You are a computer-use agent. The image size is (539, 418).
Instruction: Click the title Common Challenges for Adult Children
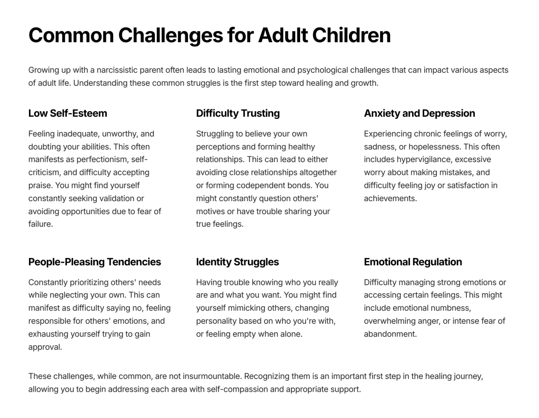click(x=209, y=35)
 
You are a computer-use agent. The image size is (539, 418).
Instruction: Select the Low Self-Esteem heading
click(x=68, y=113)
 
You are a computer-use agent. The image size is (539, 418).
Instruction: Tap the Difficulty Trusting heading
click(x=238, y=113)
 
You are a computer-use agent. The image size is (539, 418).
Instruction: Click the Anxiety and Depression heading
click(x=420, y=113)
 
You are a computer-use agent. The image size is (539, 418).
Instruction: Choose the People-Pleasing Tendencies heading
click(x=95, y=262)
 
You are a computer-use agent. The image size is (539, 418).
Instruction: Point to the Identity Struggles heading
click(x=237, y=262)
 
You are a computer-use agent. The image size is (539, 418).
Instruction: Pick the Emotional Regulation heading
click(x=413, y=262)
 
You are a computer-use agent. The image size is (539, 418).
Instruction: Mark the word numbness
click(x=453, y=308)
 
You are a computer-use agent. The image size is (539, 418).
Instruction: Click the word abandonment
click(x=390, y=334)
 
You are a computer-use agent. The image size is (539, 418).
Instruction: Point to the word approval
click(x=45, y=347)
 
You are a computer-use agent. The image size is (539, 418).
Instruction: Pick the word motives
click(x=210, y=211)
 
